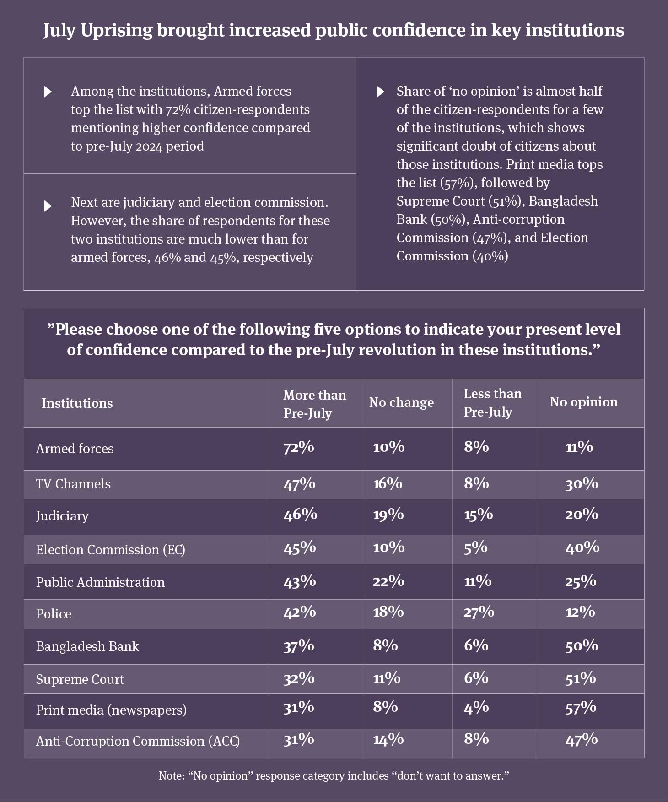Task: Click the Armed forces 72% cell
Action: (299, 447)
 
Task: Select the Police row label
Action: (54, 613)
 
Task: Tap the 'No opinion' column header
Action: (583, 402)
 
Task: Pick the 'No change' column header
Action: (401, 402)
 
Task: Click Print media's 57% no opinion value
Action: (581, 708)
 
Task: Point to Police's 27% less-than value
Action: (479, 612)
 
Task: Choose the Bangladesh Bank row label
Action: (87, 646)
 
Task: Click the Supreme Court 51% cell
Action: (580, 678)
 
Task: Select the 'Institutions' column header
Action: (77, 403)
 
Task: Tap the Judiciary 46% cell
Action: (300, 515)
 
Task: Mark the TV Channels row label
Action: (73, 484)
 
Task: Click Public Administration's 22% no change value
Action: (388, 581)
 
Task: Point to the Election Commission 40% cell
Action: (582, 547)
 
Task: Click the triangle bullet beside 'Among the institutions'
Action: (48, 92)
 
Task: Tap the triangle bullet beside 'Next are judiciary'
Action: (48, 206)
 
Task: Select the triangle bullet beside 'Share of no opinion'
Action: (380, 92)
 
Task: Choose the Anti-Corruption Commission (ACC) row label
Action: (138, 741)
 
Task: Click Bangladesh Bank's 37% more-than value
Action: (299, 645)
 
